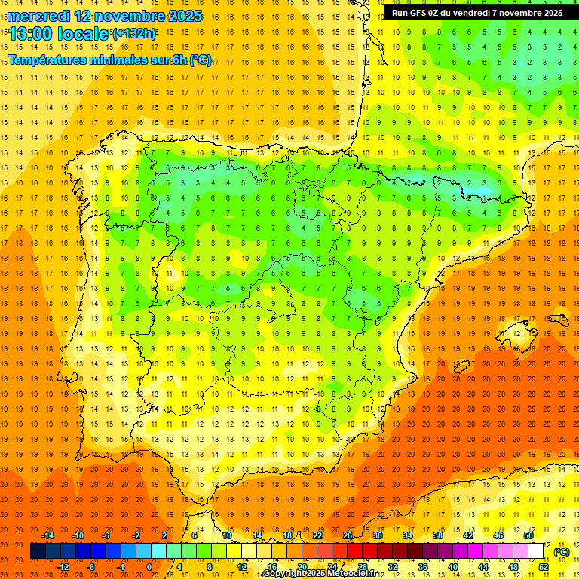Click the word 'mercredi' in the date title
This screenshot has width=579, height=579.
pyautogui.click(x=39, y=16)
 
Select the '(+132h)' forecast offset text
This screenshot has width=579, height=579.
pyautogui.click(x=134, y=34)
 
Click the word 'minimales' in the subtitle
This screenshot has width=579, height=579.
pyautogui.click(x=112, y=60)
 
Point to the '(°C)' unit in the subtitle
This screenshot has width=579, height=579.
pyautogui.click(x=201, y=60)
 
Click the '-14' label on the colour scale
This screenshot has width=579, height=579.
pyautogui.click(x=47, y=535)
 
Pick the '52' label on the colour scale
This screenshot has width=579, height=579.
pyautogui.click(x=544, y=567)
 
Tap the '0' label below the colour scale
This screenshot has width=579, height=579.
pyautogui.click(x=149, y=567)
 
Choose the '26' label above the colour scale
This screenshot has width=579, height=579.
pyautogui.click(x=348, y=535)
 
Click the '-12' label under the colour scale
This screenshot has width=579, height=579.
pyautogui.click(x=63, y=567)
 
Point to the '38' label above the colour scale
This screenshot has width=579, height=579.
pyautogui.click(x=437, y=535)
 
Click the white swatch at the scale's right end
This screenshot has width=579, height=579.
pyautogui.click(x=535, y=551)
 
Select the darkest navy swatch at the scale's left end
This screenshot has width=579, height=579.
pyautogui.click(x=38, y=551)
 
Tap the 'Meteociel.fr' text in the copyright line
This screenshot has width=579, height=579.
pyautogui.click(x=353, y=574)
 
